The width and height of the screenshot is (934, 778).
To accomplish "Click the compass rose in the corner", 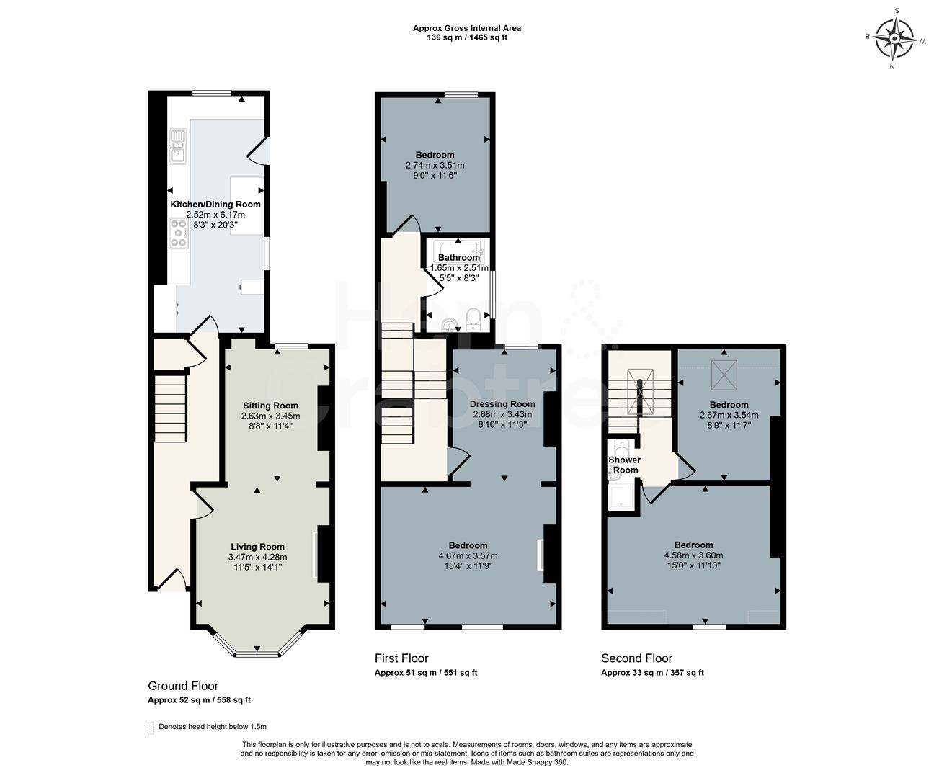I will (894, 37).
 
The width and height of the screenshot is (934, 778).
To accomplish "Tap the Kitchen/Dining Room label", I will (215, 205).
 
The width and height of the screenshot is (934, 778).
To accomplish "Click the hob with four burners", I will (178, 233).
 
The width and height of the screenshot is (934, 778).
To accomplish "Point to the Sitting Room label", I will (270, 406).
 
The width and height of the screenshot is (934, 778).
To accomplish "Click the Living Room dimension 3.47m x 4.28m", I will (257, 557).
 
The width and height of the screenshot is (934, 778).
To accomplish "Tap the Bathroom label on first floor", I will (459, 258).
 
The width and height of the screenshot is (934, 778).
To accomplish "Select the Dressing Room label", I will (502, 404).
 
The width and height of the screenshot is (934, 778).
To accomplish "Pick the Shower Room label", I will (624, 465).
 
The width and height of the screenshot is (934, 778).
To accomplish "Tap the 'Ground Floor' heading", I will (183, 686).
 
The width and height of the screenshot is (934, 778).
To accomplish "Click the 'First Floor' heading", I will (401, 658).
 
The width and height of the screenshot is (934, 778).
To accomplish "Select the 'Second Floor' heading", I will (636, 658).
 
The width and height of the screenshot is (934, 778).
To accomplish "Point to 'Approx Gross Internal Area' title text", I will (466, 28).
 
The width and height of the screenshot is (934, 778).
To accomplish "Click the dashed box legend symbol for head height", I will (151, 728).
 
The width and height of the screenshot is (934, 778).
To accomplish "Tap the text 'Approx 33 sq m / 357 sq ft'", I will (652, 673).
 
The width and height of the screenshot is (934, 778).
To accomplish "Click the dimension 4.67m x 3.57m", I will (468, 556).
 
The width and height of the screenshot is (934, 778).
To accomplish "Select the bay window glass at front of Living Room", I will (257, 654).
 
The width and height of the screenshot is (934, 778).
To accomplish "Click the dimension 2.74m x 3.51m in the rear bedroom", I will (435, 165).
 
